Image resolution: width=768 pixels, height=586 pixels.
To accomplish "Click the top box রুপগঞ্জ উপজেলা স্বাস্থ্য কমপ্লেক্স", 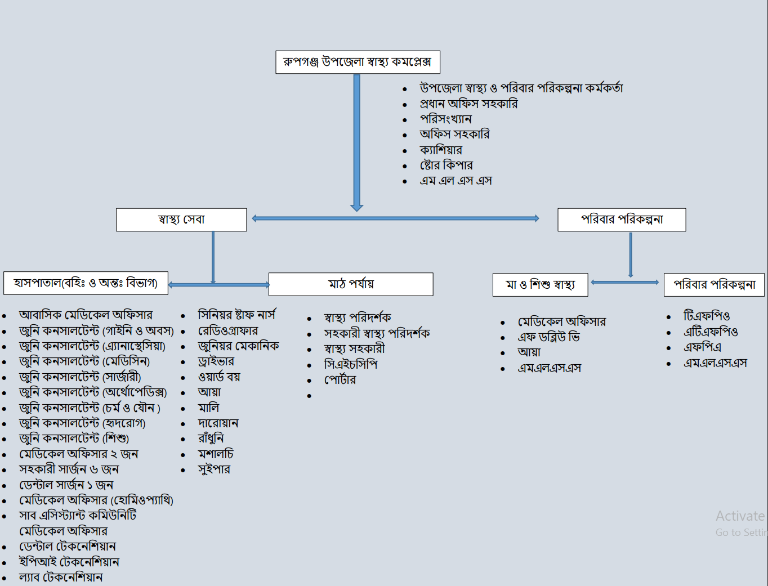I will [x=358, y=62].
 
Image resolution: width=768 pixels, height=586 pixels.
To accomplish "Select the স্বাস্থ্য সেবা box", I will [x=181, y=220].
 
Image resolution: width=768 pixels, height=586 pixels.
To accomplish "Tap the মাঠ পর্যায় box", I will [x=351, y=284].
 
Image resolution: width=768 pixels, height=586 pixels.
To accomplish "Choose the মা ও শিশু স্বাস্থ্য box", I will [x=540, y=285].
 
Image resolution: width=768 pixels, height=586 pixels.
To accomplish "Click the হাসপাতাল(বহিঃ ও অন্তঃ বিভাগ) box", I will [x=86, y=283].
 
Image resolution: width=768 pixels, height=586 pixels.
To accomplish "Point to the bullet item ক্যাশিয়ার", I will [x=441, y=150].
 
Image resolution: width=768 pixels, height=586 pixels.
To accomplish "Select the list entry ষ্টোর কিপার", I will [x=446, y=165].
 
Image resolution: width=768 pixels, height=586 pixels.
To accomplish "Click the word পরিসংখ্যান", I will [x=445, y=119].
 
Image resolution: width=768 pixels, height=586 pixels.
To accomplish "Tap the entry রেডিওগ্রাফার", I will [x=228, y=331].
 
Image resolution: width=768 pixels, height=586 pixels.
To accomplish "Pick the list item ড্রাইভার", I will [x=216, y=361].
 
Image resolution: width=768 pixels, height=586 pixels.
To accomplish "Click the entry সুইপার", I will [x=214, y=469].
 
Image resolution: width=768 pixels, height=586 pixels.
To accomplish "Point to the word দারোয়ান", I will [x=218, y=423].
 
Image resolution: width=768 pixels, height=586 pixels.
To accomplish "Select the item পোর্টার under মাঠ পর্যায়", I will [x=340, y=380].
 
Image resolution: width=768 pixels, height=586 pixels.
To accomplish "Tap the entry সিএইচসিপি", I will [x=350, y=365].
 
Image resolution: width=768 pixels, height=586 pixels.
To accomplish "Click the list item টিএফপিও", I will [x=707, y=316].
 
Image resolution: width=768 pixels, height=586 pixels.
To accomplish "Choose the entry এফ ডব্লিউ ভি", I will [x=548, y=337].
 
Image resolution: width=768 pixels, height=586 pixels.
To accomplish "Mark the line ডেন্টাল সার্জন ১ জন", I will [x=66, y=485].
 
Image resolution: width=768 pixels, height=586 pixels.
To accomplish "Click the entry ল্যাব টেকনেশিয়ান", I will [x=61, y=578].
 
